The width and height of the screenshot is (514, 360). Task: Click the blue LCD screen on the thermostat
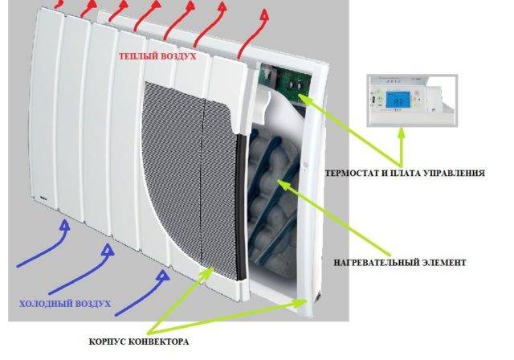pyautogui.click(x=400, y=100)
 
